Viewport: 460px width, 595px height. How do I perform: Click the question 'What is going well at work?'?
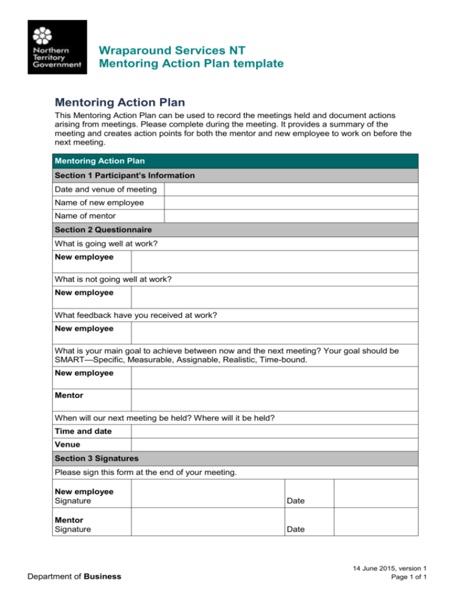[x=106, y=244]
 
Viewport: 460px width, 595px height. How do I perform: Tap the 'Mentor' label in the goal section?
[x=68, y=396]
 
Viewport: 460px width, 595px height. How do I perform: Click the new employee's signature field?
[x=207, y=496]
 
